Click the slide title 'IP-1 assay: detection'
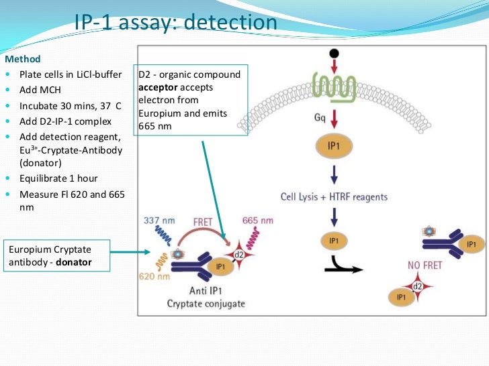coord(176,23)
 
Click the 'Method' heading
coord(23,59)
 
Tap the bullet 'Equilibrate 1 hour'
coord(58,178)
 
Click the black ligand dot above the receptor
coord(334,54)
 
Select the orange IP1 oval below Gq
coord(334,145)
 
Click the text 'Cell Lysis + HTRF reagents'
coord(333,196)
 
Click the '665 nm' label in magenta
coord(257,221)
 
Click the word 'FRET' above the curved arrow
coord(203,221)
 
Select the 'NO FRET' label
coord(425,265)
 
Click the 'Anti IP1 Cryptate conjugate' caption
coord(206,298)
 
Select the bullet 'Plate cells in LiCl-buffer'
coord(71,74)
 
